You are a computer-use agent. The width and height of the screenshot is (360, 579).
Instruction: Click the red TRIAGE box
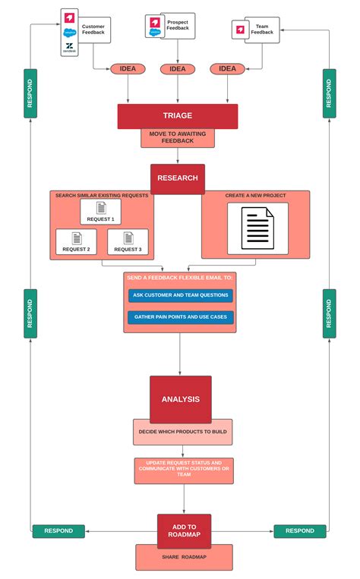(x=177, y=116)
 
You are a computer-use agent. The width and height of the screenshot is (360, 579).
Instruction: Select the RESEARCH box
(x=177, y=178)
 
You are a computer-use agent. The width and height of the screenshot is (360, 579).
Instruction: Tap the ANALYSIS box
(x=180, y=399)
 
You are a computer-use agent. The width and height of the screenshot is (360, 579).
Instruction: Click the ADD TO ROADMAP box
(x=184, y=530)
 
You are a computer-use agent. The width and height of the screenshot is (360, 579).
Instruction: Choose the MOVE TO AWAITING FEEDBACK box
(x=177, y=138)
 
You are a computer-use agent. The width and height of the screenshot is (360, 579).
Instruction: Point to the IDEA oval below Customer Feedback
(x=128, y=69)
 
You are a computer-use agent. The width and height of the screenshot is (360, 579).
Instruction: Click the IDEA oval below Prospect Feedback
(x=177, y=69)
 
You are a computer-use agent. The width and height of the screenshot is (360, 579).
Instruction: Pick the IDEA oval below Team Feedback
(x=228, y=69)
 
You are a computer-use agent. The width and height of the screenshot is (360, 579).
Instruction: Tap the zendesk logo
(x=70, y=47)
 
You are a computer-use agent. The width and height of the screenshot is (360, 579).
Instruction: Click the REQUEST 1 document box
(x=100, y=212)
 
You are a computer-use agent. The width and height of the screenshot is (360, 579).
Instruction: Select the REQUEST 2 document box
(x=76, y=241)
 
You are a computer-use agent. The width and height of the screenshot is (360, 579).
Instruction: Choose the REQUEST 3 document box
(x=128, y=241)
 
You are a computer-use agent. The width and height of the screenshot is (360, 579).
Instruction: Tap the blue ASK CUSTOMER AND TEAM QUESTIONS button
(x=180, y=295)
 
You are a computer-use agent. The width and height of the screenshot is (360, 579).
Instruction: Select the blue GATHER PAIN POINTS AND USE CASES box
(x=180, y=317)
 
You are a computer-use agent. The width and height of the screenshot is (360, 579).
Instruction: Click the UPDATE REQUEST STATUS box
(x=184, y=470)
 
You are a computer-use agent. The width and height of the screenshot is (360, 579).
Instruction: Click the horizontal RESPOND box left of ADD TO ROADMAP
(x=58, y=531)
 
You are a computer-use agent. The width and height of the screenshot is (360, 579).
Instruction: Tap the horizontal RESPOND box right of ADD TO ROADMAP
(x=299, y=531)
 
